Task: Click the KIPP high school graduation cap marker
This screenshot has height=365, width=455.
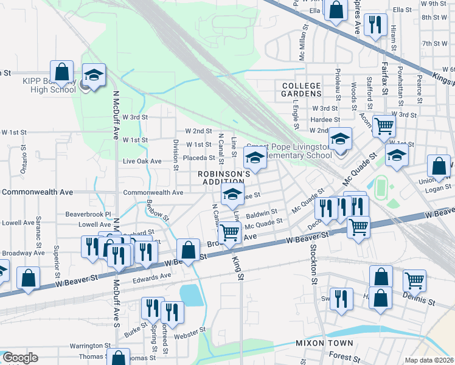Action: tap(94, 75)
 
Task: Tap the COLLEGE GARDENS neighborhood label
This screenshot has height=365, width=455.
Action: tap(301, 89)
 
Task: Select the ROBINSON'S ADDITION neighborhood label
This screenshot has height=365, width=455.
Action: tap(224, 178)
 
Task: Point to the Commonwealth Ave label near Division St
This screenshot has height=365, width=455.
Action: tap(153, 193)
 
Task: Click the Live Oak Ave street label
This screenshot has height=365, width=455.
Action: tap(142, 161)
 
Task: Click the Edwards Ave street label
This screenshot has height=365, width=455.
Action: tap(151, 276)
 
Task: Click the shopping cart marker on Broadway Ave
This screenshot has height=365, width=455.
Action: tap(229, 232)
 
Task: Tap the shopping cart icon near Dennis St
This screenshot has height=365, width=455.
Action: tap(414, 280)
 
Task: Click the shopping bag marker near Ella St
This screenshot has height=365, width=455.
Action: tap(336, 10)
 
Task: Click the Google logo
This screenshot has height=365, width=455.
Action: tap(20, 358)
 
